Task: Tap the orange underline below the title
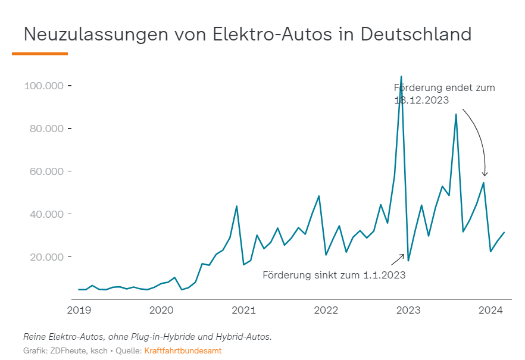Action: coord(40,54)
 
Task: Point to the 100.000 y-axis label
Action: coord(43,86)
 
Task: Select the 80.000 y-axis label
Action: coord(45,129)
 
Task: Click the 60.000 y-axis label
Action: coord(45,171)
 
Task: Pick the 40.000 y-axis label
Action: coord(45,214)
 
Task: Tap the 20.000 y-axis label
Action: coord(45,257)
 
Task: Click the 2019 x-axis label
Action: coord(79,310)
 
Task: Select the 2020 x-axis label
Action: coord(161,310)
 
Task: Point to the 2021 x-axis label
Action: coord(243,310)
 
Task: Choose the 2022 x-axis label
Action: coord(326,310)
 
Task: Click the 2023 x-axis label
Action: coord(409,310)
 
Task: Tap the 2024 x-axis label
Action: coord(491,310)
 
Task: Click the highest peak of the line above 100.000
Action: coord(401,77)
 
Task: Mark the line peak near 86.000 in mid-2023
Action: coord(456,114)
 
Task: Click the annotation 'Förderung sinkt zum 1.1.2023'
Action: coord(334,276)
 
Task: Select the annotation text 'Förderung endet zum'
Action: coord(444,88)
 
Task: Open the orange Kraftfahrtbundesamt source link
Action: coord(183,351)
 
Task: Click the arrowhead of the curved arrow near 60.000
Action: coord(485,175)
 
